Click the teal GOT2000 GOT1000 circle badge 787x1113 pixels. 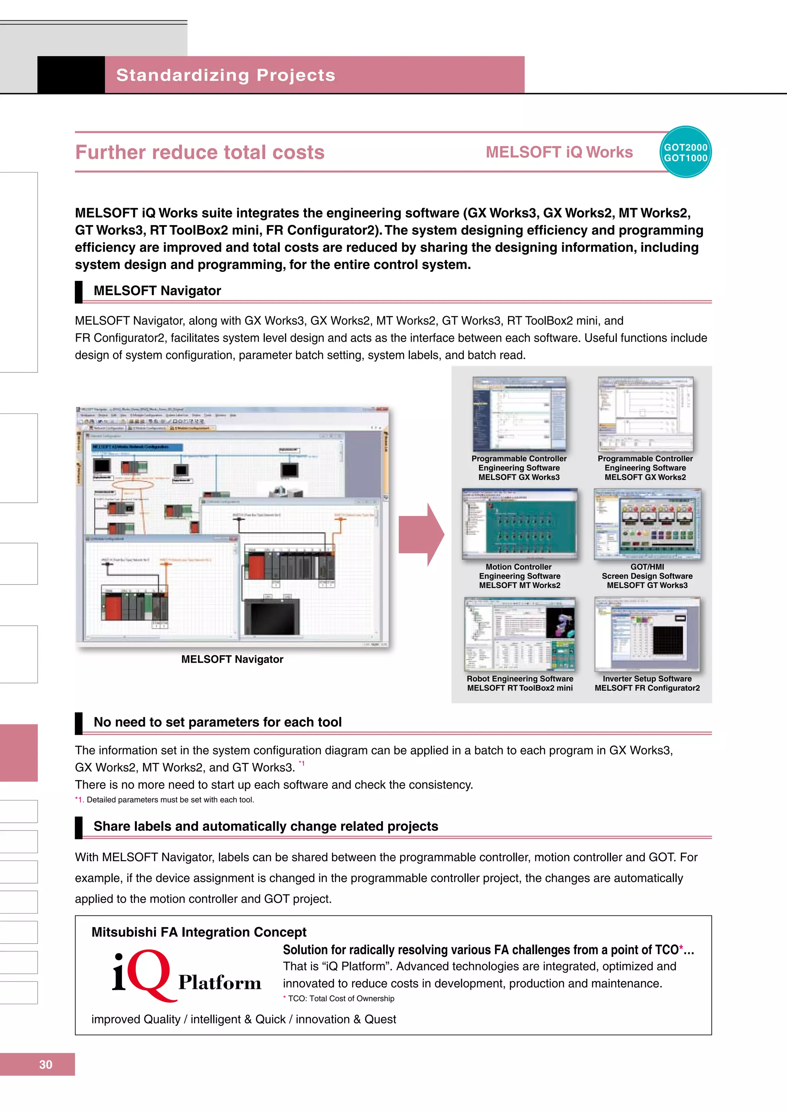(x=685, y=152)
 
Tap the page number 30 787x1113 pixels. (x=46, y=1064)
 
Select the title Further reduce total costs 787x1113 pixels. (x=200, y=152)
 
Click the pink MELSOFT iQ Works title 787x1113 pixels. (x=559, y=152)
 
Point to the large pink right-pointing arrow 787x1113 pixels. (x=421, y=534)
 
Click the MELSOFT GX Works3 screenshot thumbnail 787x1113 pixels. (x=519, y=414)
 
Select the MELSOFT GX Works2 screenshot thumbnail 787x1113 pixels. (x=645, y=414)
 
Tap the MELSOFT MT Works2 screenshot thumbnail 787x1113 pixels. (x=519, y=523)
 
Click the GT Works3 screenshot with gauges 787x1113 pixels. (x=647, y=523)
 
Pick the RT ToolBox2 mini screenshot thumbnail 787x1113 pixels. (x=520, y=634)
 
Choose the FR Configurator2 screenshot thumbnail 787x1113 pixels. (x=647, y=634)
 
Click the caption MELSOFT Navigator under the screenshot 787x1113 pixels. (x=232, y=659)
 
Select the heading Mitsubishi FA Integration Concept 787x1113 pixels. (x=199, y=932)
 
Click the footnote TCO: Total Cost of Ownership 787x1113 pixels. (x=341, y=998)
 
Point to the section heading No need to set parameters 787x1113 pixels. (x=218, y=722)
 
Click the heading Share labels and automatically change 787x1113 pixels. (x=266, y=827)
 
